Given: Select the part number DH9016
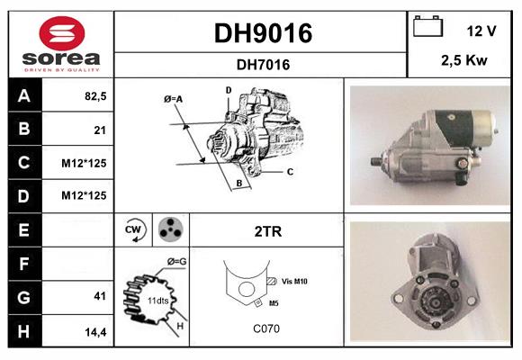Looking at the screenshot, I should coord(262,33).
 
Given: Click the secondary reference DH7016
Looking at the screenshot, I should coord(262,64).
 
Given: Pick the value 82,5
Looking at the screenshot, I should coord(94,95).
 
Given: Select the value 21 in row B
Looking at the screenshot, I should coord(99,130).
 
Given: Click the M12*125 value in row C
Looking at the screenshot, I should coord(84,163).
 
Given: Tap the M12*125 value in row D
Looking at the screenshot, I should coord(84,195).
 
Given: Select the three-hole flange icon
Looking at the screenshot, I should coord(169,229).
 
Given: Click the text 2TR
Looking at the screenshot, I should coord(268,231).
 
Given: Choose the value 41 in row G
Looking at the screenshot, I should coord(99,296).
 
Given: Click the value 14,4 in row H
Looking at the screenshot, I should coord(95,330).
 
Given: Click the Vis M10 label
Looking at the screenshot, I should coord(293,282).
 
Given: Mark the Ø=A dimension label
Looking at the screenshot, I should coord(174,99).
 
